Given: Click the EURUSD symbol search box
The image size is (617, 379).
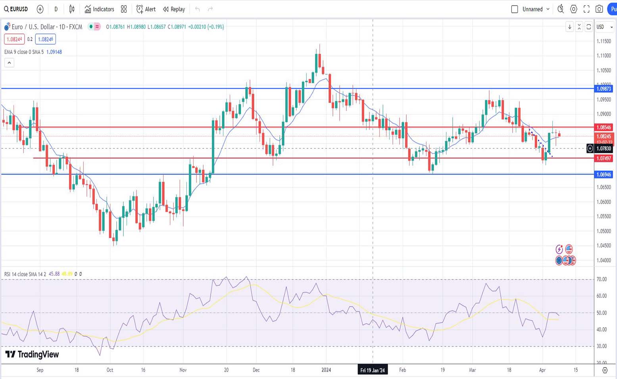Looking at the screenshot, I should [x=16, y=9].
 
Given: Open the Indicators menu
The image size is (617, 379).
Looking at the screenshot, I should [x=99, y=9].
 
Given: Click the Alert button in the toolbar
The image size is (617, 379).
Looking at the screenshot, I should [x=146, y=9].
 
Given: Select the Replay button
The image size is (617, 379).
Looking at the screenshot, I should [x=174, y=9].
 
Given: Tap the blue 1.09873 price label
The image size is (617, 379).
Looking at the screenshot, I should [x=604, y=88].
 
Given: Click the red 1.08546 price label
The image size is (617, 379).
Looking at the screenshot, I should [x=604, y=127].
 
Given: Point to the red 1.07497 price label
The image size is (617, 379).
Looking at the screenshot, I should [x=604, y=158].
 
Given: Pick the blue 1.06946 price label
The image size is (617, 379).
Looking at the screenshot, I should [x=604, y=174].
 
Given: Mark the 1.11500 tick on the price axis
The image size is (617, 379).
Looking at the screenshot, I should [x=604, y=41].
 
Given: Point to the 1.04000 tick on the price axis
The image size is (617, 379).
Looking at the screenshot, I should [x=604, y=260].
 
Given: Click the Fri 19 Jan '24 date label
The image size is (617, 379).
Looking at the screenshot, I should [x=372, y=370].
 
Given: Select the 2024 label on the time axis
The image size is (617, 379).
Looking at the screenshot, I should [x=326, y=370].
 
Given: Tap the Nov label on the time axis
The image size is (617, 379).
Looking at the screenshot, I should [x=183, y=370].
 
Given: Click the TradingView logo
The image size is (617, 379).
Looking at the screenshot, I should [x=32, y=354].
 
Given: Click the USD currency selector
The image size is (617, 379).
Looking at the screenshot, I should [x=604, y=27].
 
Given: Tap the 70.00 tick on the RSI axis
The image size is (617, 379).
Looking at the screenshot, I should [x=602, y=279].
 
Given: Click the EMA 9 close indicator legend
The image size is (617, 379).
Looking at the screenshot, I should [x=24, y=52].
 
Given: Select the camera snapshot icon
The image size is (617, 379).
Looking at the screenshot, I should [x=599, y=9].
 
